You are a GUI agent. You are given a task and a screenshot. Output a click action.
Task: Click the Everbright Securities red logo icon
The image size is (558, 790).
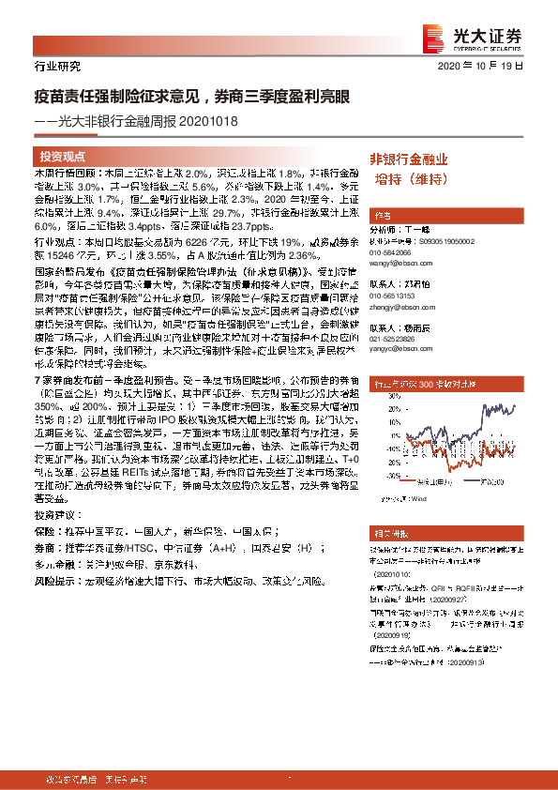433,38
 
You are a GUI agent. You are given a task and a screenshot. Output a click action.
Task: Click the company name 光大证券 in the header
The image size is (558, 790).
496,34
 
